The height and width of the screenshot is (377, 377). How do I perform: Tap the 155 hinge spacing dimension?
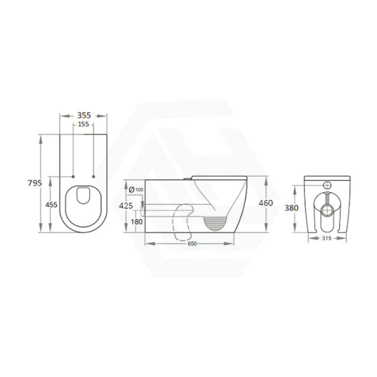pos(83,124)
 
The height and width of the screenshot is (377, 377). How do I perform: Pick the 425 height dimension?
pos(126,206)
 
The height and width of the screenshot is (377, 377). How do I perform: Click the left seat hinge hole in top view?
pos(73,177)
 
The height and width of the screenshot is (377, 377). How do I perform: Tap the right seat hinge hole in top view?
pos(94,177)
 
